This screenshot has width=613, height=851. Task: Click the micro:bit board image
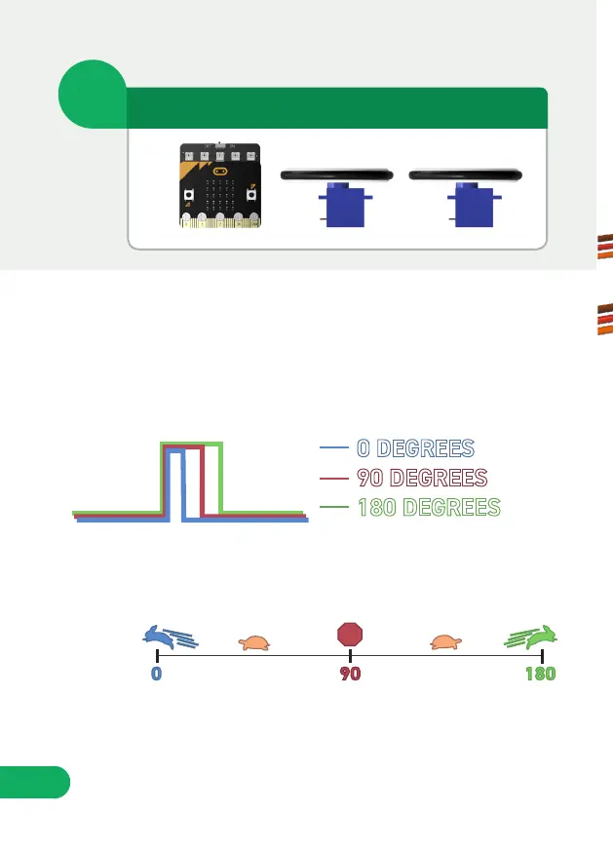coord(220,187)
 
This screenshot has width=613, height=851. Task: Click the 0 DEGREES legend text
coord(416,448)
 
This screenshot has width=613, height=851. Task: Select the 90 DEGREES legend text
coord(422,479)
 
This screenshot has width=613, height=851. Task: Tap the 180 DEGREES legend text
coord(429,508)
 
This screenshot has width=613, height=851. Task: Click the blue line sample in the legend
coord(333,448)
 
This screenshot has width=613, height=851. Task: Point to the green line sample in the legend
coord(333,508)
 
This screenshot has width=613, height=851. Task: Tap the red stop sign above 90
coord(350,635)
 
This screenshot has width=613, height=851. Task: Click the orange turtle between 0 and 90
coord(255,642)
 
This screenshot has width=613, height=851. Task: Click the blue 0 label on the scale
coord(157,675)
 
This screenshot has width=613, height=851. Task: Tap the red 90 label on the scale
coord(350,675)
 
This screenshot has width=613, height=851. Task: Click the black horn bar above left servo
coord(337,175)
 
